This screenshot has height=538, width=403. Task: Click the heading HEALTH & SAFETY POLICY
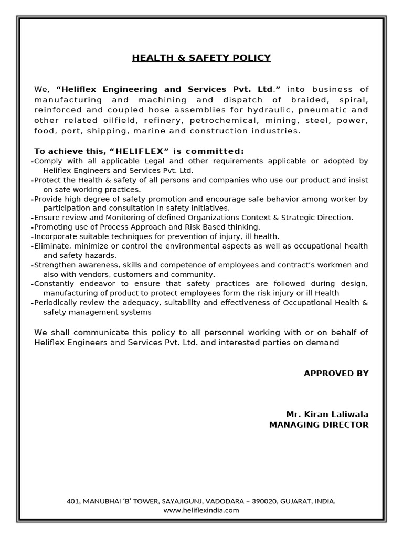point(201,58)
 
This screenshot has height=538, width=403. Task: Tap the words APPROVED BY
point(336,373)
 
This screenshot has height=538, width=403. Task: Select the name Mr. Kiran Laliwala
point(327,414)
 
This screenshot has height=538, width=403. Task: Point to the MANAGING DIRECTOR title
point(319,425)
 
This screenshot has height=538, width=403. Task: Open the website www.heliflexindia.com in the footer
point(201,510)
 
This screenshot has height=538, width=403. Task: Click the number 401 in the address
point(72,501)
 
